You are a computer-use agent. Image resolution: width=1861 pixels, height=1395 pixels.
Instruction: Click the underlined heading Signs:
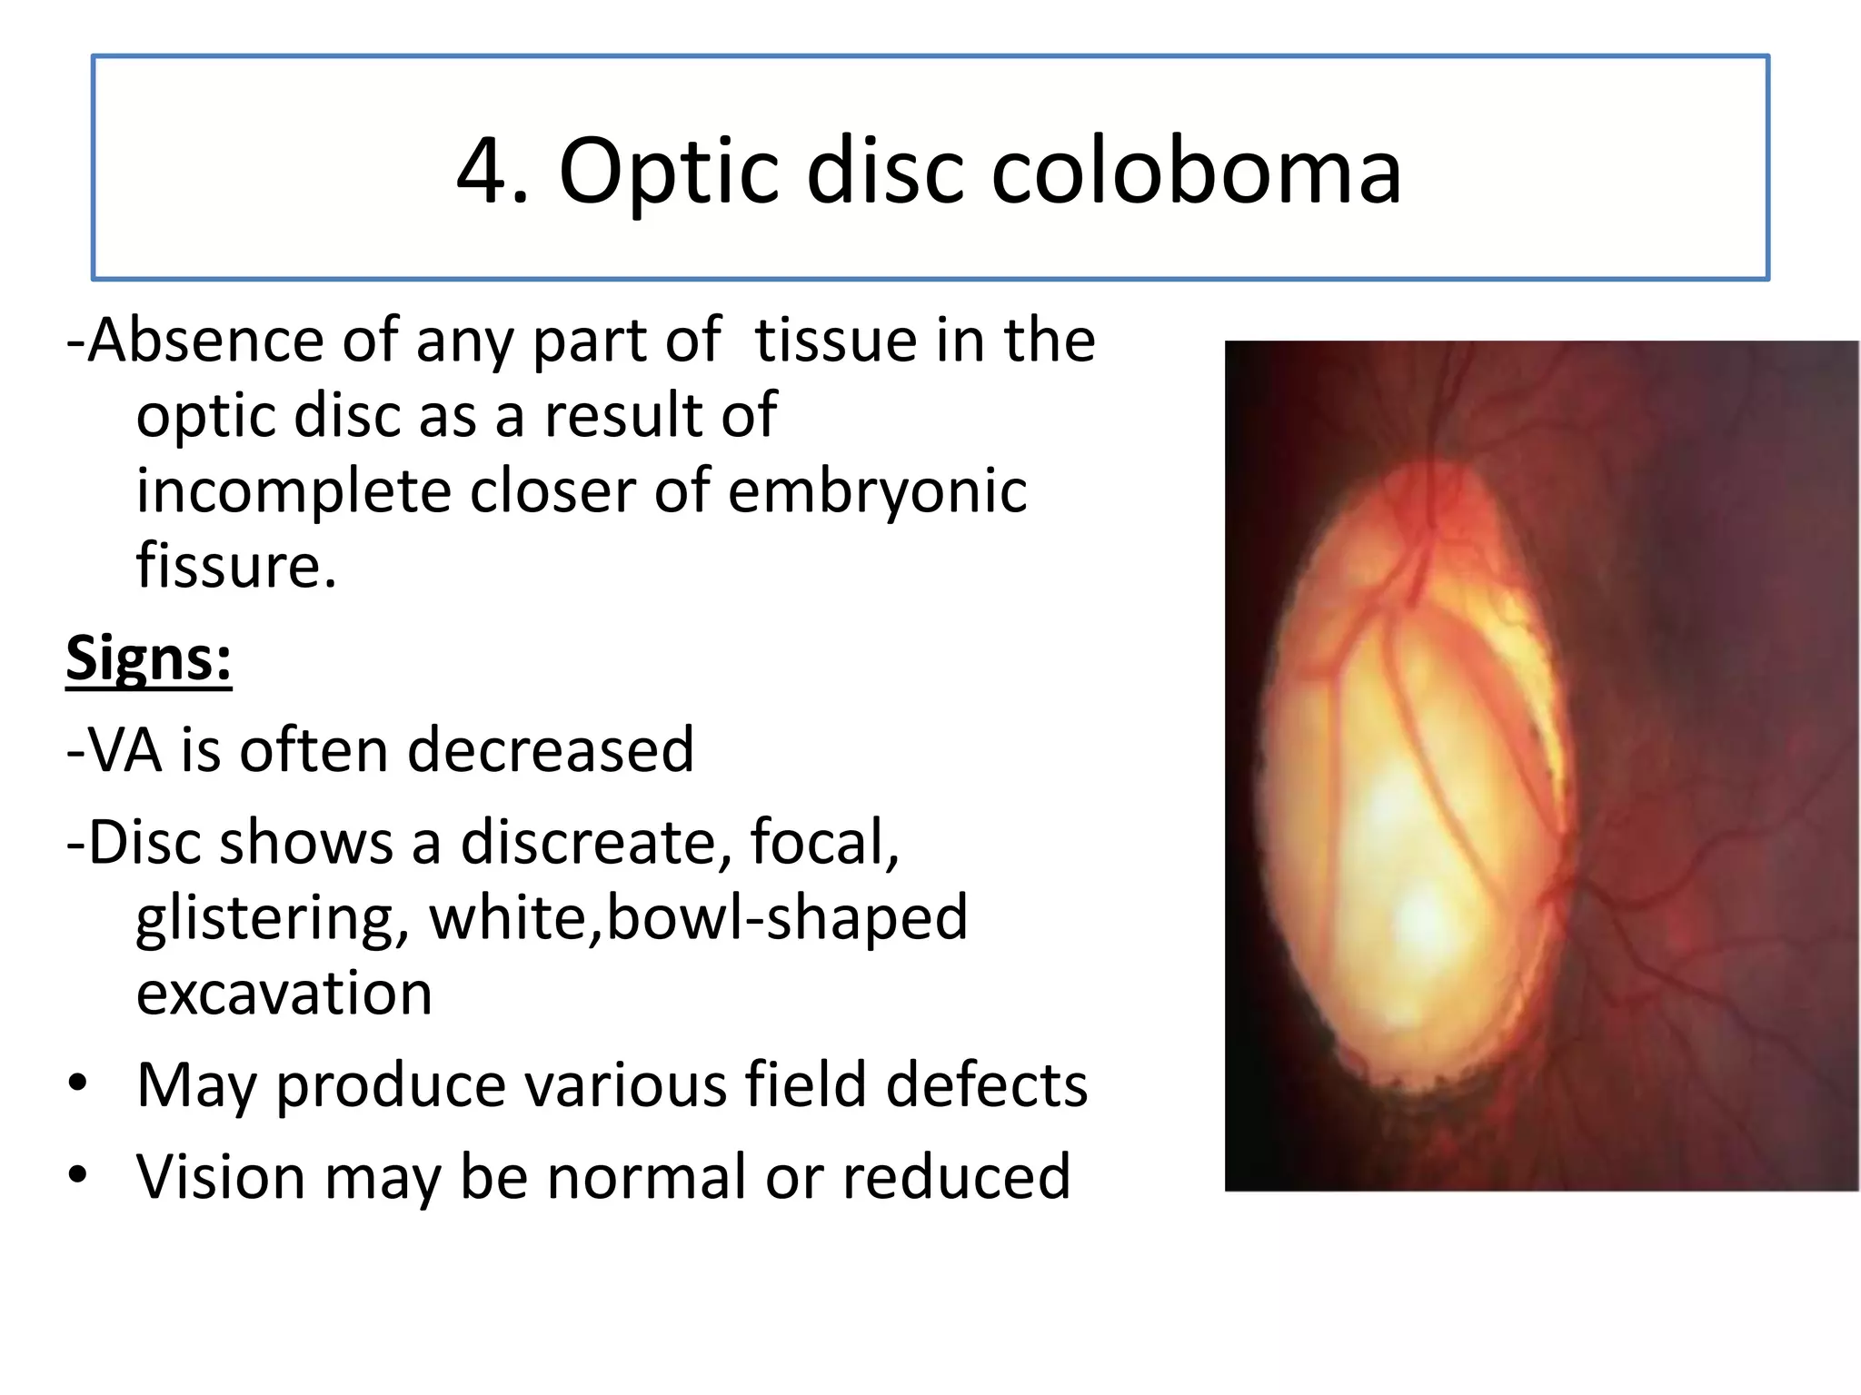[x=149, y=658]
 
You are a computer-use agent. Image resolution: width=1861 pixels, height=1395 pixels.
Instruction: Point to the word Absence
[x=207, y=341]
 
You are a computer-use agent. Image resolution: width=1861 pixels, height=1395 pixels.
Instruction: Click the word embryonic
[x=877, y=491]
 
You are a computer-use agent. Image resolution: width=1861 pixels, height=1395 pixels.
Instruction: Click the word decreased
[x=551, y=751]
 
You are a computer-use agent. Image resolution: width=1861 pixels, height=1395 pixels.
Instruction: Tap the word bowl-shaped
[x=787, y=918]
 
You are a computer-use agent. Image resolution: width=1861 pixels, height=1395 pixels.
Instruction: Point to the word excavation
[x=284, y=994]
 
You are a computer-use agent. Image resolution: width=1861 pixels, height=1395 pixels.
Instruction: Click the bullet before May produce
[x=78, y=1083]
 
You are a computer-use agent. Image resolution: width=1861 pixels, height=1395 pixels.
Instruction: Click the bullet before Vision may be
[x=78, y=1174]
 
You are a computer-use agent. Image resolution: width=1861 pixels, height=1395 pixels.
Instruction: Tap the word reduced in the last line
[x=956, y=1177]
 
